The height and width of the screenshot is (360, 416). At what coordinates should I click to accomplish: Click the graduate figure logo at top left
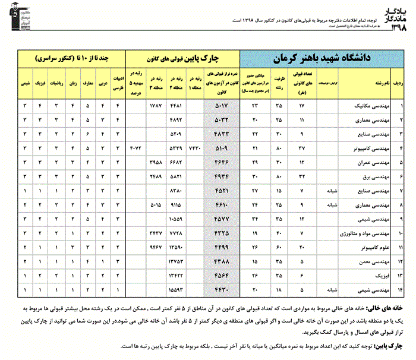tap(17, 23)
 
